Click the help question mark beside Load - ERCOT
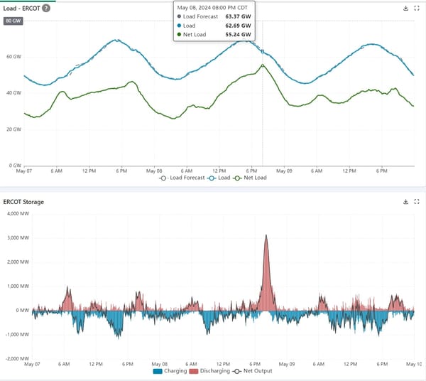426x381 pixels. (x=46, y=9)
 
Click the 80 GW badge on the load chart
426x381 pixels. (x=13, y=21)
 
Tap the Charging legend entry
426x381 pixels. (x=170, y=371)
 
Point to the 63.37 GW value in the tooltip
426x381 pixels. (x=238, y=16)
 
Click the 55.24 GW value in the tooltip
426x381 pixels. (x=238, y=34)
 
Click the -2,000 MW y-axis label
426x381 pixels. (x=15, y=359)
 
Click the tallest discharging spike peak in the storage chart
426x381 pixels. (x=266, y=235)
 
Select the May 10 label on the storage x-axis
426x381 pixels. (x=414, y=364)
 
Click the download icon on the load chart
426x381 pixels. (x=405, y=9)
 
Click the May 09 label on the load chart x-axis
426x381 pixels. (x=285, y=171)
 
